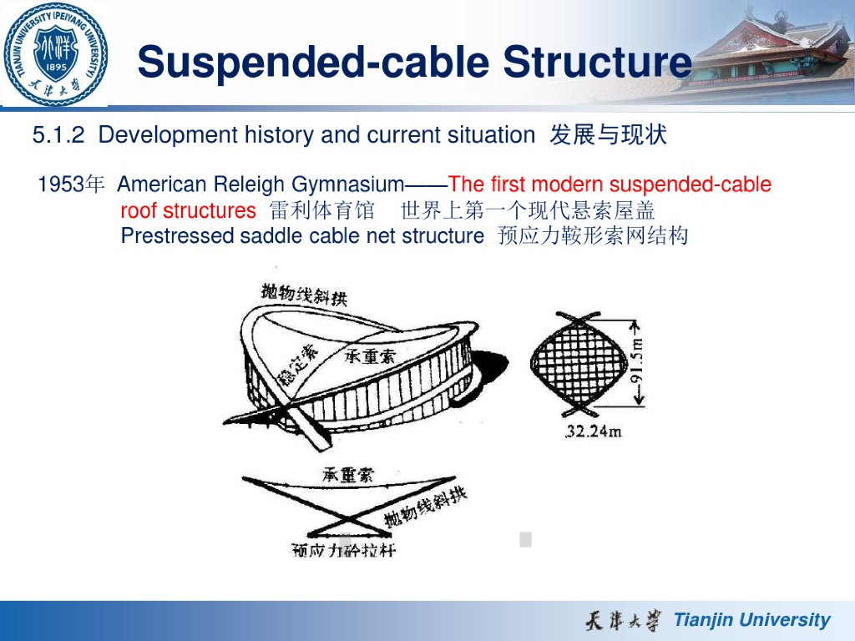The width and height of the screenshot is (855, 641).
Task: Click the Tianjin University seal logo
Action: point(54,53)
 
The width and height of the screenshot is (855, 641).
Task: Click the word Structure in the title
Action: point(598,63)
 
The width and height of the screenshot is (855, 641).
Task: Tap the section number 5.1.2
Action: point(58,135)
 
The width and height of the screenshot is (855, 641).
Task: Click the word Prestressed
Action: point(177,236)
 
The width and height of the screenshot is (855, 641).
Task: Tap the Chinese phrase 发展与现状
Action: point(608,135)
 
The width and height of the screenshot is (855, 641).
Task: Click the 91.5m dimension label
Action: point(637,364)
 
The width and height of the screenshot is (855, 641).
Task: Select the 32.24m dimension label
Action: point(594,432)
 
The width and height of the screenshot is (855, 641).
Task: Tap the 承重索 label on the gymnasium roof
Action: point(372,356)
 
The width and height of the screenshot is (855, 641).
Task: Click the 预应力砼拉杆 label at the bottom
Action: point(343,550)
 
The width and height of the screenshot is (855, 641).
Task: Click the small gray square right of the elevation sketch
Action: point(525,539)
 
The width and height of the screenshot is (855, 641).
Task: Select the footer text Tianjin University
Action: point(751,620)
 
